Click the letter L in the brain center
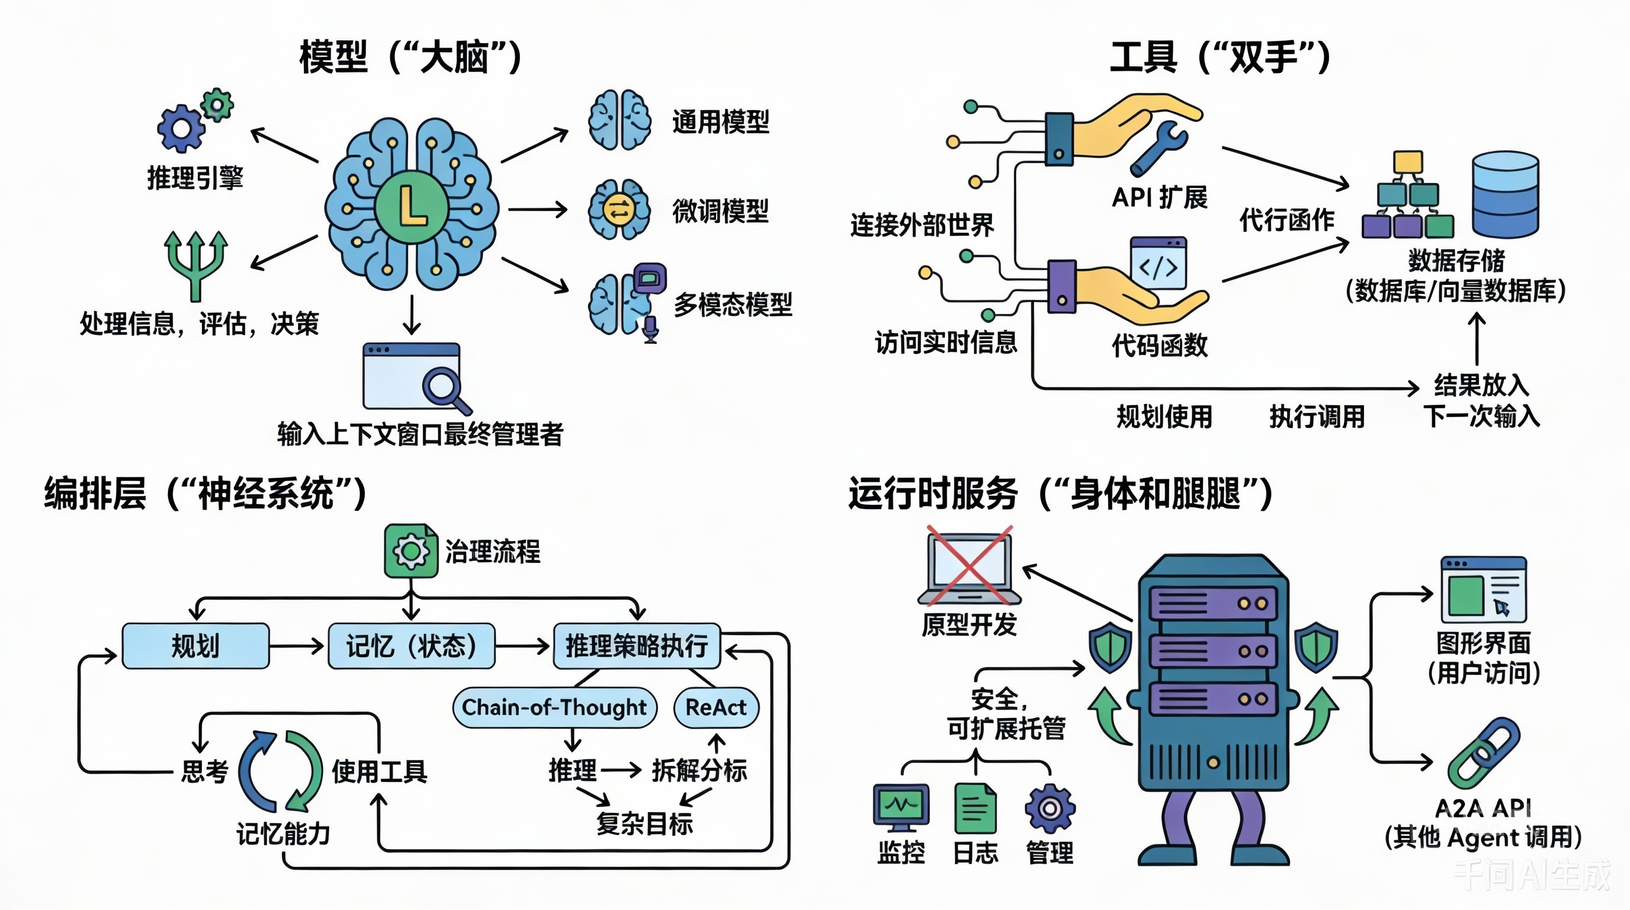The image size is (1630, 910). point(411,207)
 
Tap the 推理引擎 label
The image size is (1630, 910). point(195,178)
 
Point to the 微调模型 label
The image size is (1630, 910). point(720,211)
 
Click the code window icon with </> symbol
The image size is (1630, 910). point(1158,263)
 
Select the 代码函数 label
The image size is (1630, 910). point(1159,345)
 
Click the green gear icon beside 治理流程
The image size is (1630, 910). point(410,550)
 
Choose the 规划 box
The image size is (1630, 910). point(195,646)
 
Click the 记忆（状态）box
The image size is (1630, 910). point(411,646)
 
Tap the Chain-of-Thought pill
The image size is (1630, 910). point(554,707)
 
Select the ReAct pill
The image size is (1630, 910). point(715,707)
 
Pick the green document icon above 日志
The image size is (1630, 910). point(975,808)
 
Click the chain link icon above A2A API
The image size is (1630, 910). point(1483,753)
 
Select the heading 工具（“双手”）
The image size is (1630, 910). point(1220,57)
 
